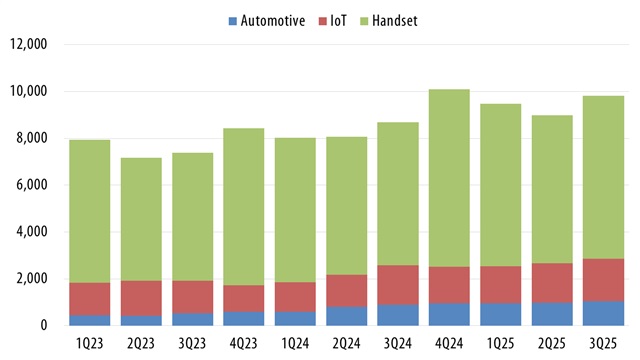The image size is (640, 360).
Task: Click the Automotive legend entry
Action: (x=263, y=20)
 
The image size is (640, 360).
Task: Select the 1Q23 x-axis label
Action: (x=90, y=344)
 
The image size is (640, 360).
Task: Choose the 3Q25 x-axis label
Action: (x=604, y=344)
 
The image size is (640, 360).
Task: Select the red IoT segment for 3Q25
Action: (x=604, y=280)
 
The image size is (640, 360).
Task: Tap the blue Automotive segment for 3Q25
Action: (x=604, y=313)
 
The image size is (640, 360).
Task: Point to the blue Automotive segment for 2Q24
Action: (x=347, y=316)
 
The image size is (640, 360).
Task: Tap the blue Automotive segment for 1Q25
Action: (x=501, y=314)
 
